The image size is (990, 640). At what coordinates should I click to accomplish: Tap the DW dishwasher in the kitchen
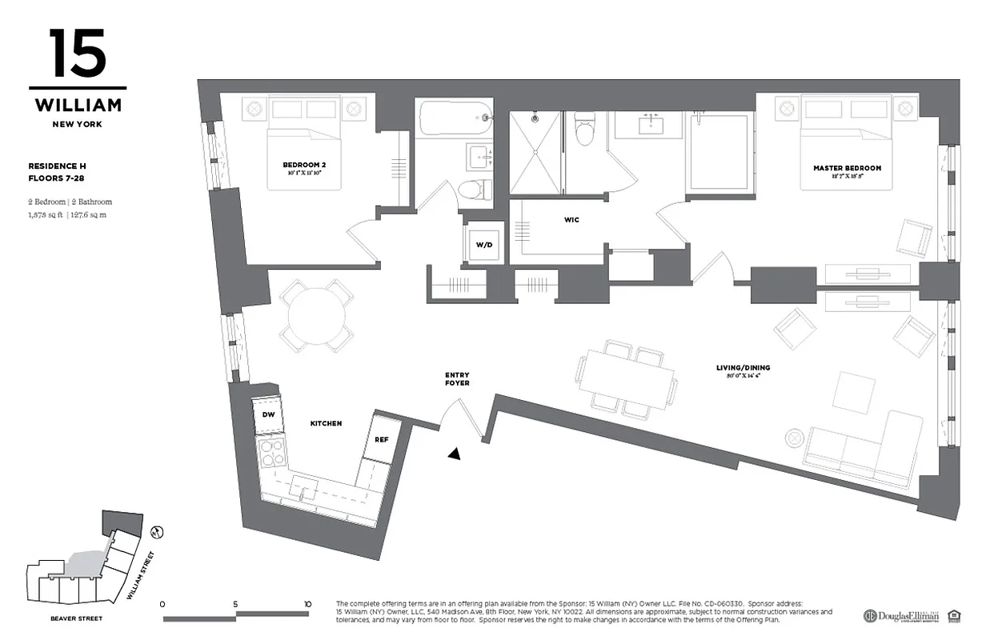(x=267, y=414)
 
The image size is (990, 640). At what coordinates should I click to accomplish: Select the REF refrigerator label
(x=381, y=439)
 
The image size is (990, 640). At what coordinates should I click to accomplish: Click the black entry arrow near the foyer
(x=455, y=454)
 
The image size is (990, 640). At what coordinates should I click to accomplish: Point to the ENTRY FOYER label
(x=457, y=379)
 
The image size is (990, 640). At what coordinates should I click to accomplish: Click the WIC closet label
(x=571, y=219)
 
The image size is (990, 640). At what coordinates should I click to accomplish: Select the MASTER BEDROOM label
(x=847, y=169)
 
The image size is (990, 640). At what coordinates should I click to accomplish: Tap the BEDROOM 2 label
(x=304, y=166)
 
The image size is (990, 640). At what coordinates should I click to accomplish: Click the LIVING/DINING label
(x=743, y=368)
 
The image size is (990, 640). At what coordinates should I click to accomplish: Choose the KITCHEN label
(x=326, y=423)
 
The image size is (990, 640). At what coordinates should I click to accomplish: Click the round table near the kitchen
(x=318, y=316)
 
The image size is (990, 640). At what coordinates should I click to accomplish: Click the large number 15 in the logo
(x=78, y=54)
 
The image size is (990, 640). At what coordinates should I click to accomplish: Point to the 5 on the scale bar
(x=235, y=604)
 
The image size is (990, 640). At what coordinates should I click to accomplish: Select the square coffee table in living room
(x=849, y=393)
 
